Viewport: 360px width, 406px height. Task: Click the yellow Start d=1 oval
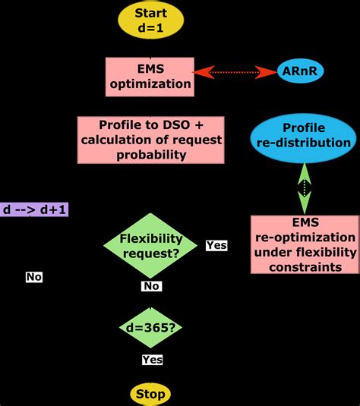151,21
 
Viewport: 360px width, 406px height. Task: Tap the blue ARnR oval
302,72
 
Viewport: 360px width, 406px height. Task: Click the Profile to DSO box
151,140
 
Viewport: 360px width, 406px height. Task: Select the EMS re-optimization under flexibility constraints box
304,244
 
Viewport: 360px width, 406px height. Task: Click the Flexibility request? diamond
150,246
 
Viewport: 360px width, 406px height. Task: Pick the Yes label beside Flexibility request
216,246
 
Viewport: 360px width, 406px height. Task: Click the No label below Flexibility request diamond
151,286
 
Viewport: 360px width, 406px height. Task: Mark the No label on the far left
33,277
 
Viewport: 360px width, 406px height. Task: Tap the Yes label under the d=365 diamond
152,360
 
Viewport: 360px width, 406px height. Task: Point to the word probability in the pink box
151,156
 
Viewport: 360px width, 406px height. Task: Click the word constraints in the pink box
304,266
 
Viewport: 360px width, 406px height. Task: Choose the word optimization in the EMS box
150,83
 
